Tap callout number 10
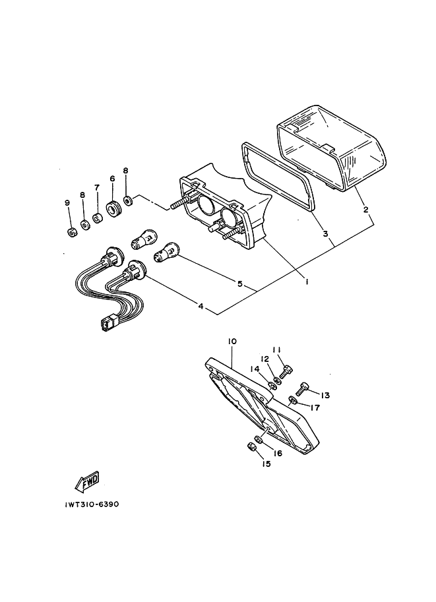pos(232,342)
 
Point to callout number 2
pos(366,211)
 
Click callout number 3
pos(325,234)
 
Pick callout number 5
pos(240,285)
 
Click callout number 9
pos(67,203)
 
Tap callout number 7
pos(96,187)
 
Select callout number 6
pos(112,179)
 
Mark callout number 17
pos(315,407)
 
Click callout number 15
pos(266,464)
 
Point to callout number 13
pos(325,395)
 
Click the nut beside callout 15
pos(251,448)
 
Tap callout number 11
pos(276,350)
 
